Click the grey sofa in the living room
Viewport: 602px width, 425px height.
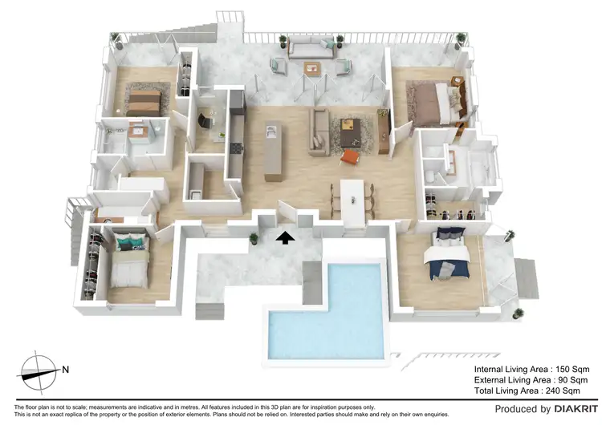point(319,132)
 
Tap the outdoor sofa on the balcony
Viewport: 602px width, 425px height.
point(305,49)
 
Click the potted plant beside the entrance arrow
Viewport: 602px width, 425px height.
point(254,238)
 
